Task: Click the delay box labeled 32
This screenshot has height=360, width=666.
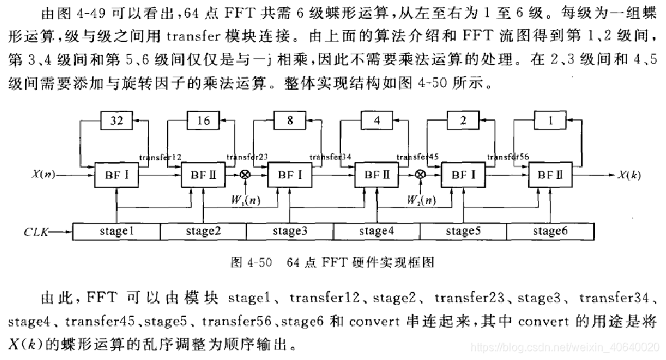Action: pos(116,120)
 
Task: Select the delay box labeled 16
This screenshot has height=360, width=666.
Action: pos(203,120)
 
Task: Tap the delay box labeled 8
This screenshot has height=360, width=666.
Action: pos(290,120)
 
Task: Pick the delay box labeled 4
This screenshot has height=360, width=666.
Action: pos(377,120)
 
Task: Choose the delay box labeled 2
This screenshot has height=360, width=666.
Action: pos(463,120)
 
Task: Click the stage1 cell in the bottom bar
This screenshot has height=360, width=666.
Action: pos(116,231)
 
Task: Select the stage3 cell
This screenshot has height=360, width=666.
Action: pos(290,231)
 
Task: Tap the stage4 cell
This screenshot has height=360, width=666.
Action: pos(377,231)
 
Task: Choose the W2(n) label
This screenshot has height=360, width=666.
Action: pos(422,201)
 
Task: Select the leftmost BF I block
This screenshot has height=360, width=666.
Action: pos(116,175)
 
